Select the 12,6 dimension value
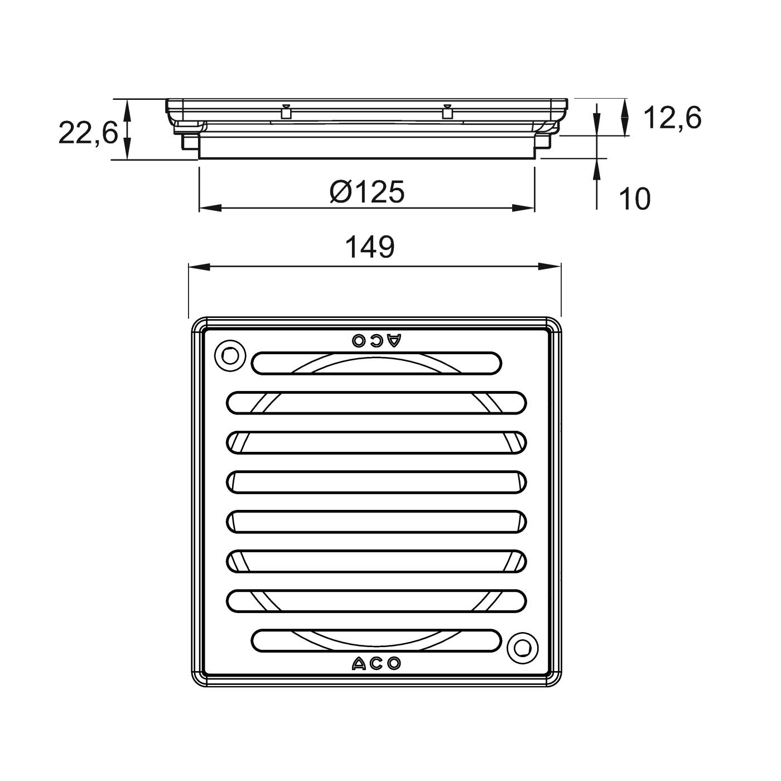(672, 118)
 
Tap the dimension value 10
(635, 199)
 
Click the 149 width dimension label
(370, 247)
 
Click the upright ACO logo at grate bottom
(377, 663)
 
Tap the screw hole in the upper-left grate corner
(229, 354)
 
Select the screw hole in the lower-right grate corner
(523, 648)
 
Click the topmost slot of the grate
(377, 363)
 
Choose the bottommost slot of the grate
(377, 640)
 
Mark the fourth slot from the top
(377, 482)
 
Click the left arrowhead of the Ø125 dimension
(209, 208)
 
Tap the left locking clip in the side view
(286, 112)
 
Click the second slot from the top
(377, 403)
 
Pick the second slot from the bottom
(377, 601)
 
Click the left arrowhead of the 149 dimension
(199, 267)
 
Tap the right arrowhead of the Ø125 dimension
(524, 208)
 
